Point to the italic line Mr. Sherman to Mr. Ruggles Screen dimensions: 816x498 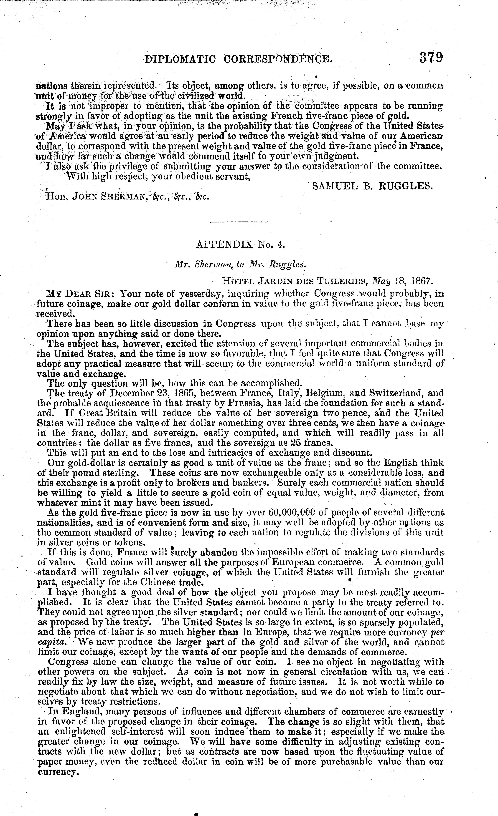[x=241, y=264]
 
